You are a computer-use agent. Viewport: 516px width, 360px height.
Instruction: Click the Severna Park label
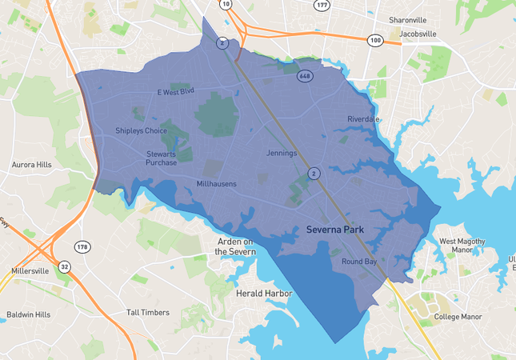(335, 230)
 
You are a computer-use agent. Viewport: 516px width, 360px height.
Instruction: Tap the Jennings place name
(281, 153)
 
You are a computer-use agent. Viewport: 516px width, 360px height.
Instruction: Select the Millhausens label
(216, 184)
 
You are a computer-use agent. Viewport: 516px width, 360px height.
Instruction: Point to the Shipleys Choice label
(141, 131)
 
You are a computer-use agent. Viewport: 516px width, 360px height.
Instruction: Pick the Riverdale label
(363, 119)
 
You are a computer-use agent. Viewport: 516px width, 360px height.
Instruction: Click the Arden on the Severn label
(235, 246)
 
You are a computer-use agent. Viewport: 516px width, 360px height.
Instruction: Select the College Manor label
(458, 317)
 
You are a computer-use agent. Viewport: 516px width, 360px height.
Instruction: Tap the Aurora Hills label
(31, 165)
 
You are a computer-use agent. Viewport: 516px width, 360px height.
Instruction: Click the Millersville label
(30, 271)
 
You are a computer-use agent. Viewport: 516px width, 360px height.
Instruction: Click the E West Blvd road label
(176, 92)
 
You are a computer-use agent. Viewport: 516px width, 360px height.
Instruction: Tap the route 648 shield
(304, 77)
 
